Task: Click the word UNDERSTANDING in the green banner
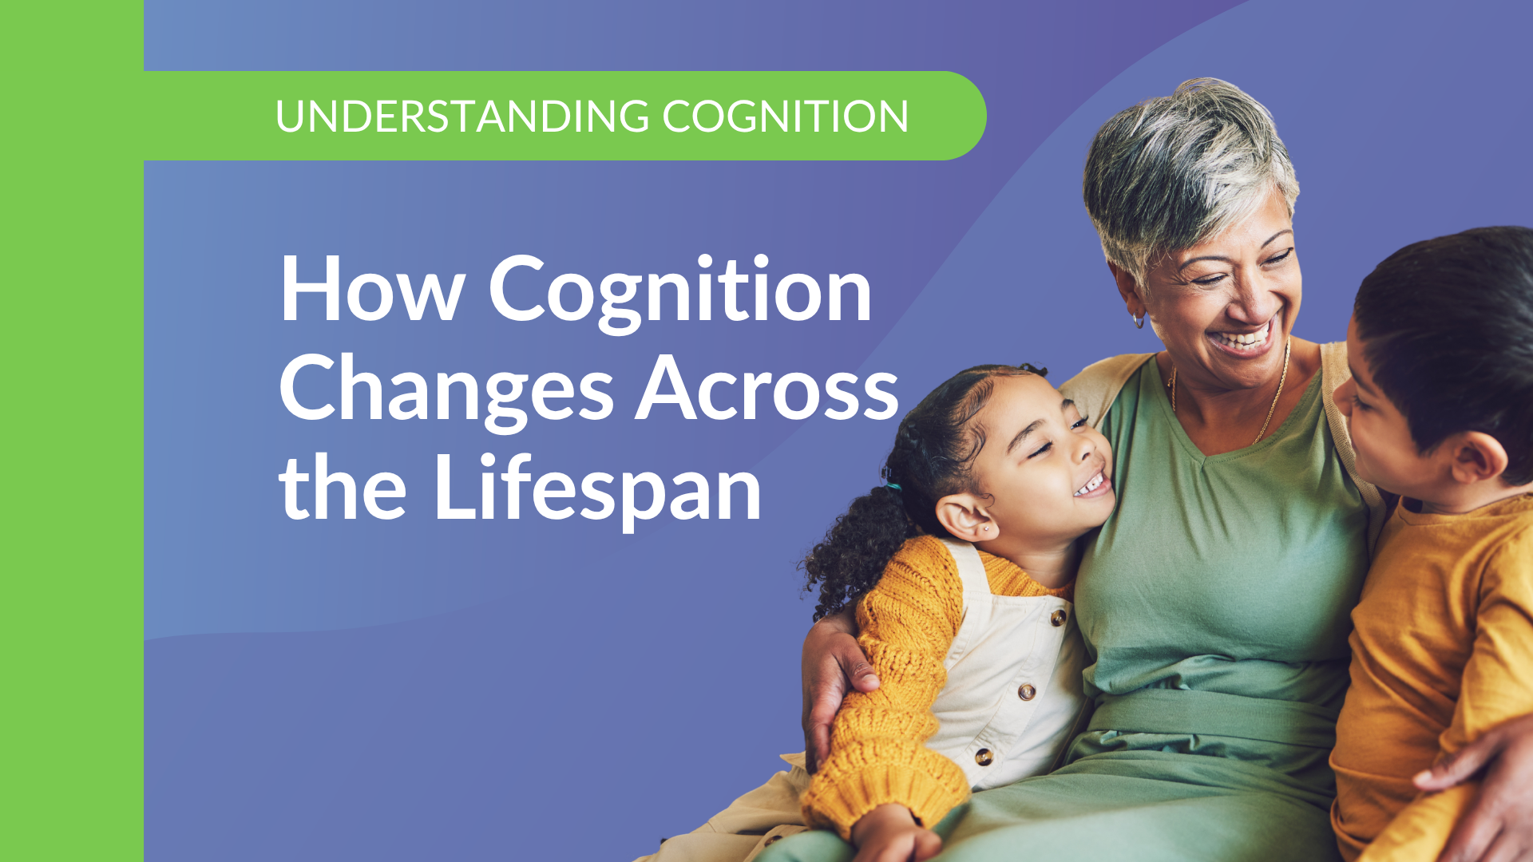tap(462, 117)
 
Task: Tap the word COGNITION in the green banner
tap(785, 117)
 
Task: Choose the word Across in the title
tap(767, 388)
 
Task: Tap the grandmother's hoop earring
tap(1139, 320)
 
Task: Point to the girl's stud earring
tap(986, 528)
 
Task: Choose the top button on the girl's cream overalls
tap(1059, 616)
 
